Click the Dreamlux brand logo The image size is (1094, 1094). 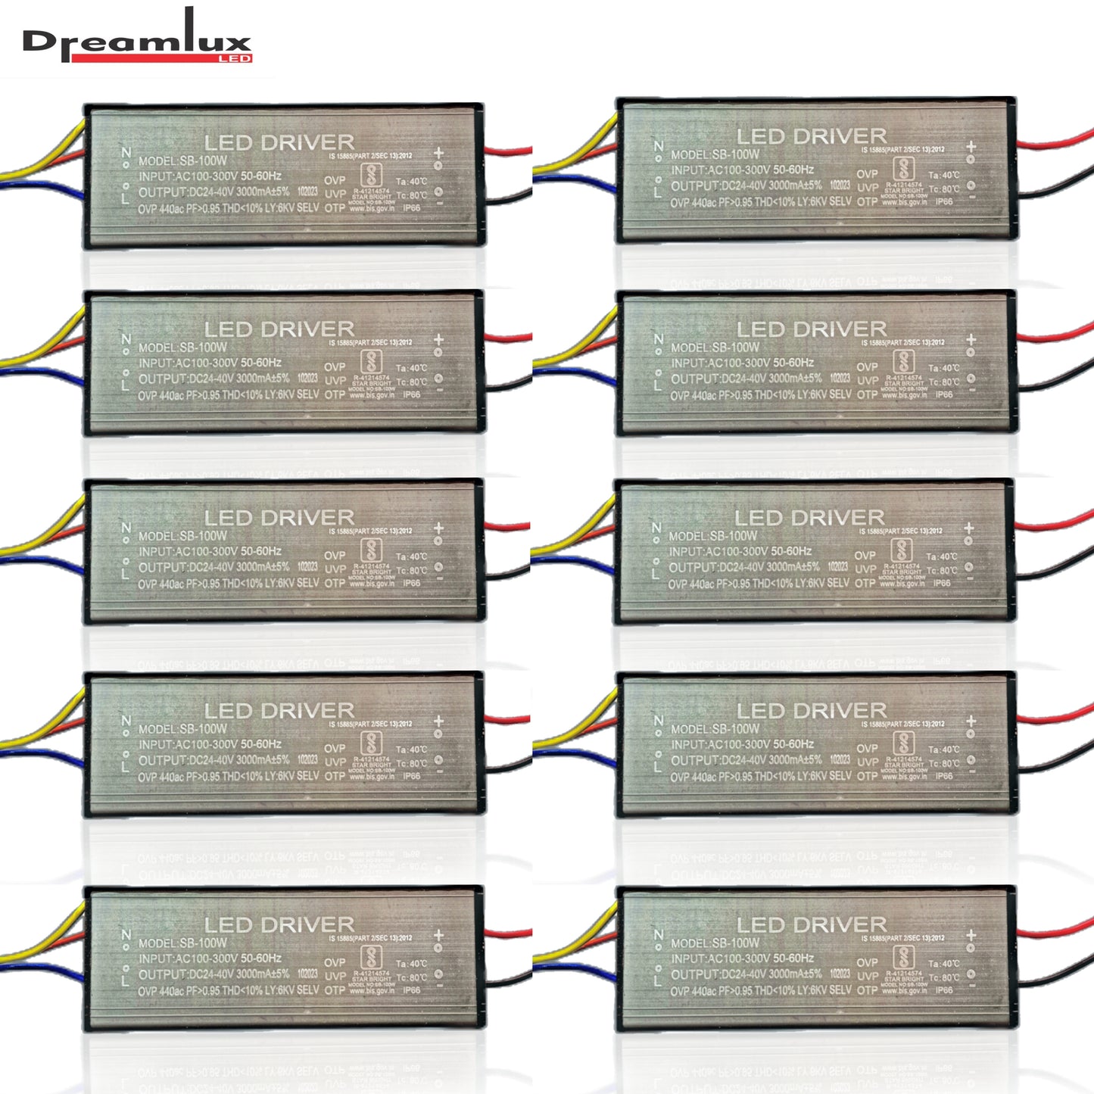[x=136, y=42]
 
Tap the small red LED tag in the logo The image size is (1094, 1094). [x=234, y=58]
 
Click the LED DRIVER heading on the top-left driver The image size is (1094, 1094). [x=279, y=142]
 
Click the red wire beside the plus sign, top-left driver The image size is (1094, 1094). [x=507, y=150]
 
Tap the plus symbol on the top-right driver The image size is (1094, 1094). [x=971, y=147]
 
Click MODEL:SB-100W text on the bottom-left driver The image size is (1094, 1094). [x=182, y=943]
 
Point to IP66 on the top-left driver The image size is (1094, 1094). [x=412, y=207]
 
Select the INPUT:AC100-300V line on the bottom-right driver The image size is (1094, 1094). [x=742, y=958]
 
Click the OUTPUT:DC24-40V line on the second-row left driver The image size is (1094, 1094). [x=214, y=379]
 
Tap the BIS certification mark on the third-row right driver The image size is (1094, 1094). [x=901, y=549]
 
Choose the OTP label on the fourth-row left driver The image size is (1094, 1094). [x=335, y=776]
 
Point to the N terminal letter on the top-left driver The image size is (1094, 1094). [x=126, y=153]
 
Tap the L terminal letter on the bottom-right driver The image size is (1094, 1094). [x=657, y=981]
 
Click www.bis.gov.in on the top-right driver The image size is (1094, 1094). [x=903, y=202]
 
